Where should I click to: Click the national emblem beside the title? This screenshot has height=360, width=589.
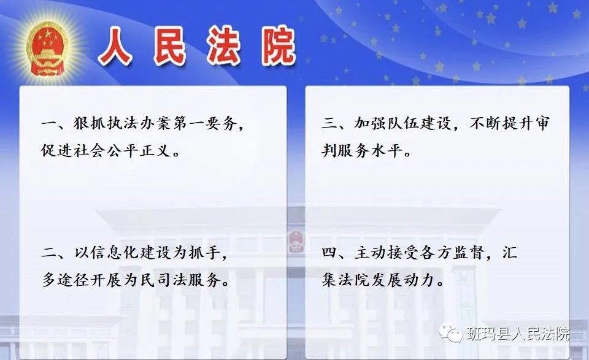pyautogui.click(x=47, y=48)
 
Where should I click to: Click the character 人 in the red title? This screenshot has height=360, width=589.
pyautogui.click(x=115, y=47)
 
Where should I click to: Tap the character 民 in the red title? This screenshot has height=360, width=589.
pyautogui.click(x=170, y=47)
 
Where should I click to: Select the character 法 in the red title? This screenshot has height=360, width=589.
pyautogui.click(x=223, y=47)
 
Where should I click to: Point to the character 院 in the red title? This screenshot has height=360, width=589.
pyautogui.click(x=279, y=47)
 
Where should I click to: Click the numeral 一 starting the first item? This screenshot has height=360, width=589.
pyautogui.click(x=49, y=123)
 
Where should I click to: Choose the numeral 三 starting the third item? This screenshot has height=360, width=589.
pyautogui.click(x=329, y=123)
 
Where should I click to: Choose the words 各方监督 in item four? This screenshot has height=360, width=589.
pyautogui.click(x=452, y=253)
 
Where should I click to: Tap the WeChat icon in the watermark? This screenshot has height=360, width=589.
pyautogui.click(x=450, y=333)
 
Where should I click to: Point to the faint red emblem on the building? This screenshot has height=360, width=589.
pyautogui.click(x=296, y=242)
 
